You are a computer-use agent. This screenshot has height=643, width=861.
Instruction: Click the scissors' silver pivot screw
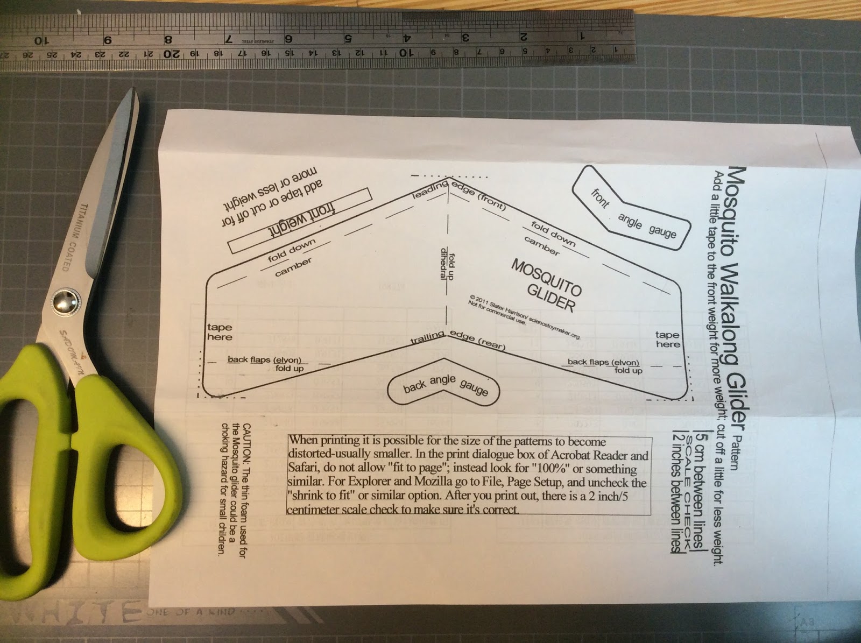click(x=67, y=302)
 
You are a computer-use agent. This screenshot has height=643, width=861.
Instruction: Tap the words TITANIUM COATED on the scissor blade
click(x=75, y=237)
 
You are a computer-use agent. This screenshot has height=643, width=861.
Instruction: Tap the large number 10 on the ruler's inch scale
click(x=41, y=41)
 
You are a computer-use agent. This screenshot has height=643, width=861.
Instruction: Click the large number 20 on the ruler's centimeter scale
click(x=171, y=54)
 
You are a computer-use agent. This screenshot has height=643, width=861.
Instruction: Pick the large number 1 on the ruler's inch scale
click(x=582, y=37)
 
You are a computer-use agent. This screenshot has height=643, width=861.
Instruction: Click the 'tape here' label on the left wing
click(x=220, y=332)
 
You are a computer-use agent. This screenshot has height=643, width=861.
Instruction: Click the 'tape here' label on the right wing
click(x=668, y=339)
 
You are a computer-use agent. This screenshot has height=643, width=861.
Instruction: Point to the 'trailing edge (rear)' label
click(x=457, y=340)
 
